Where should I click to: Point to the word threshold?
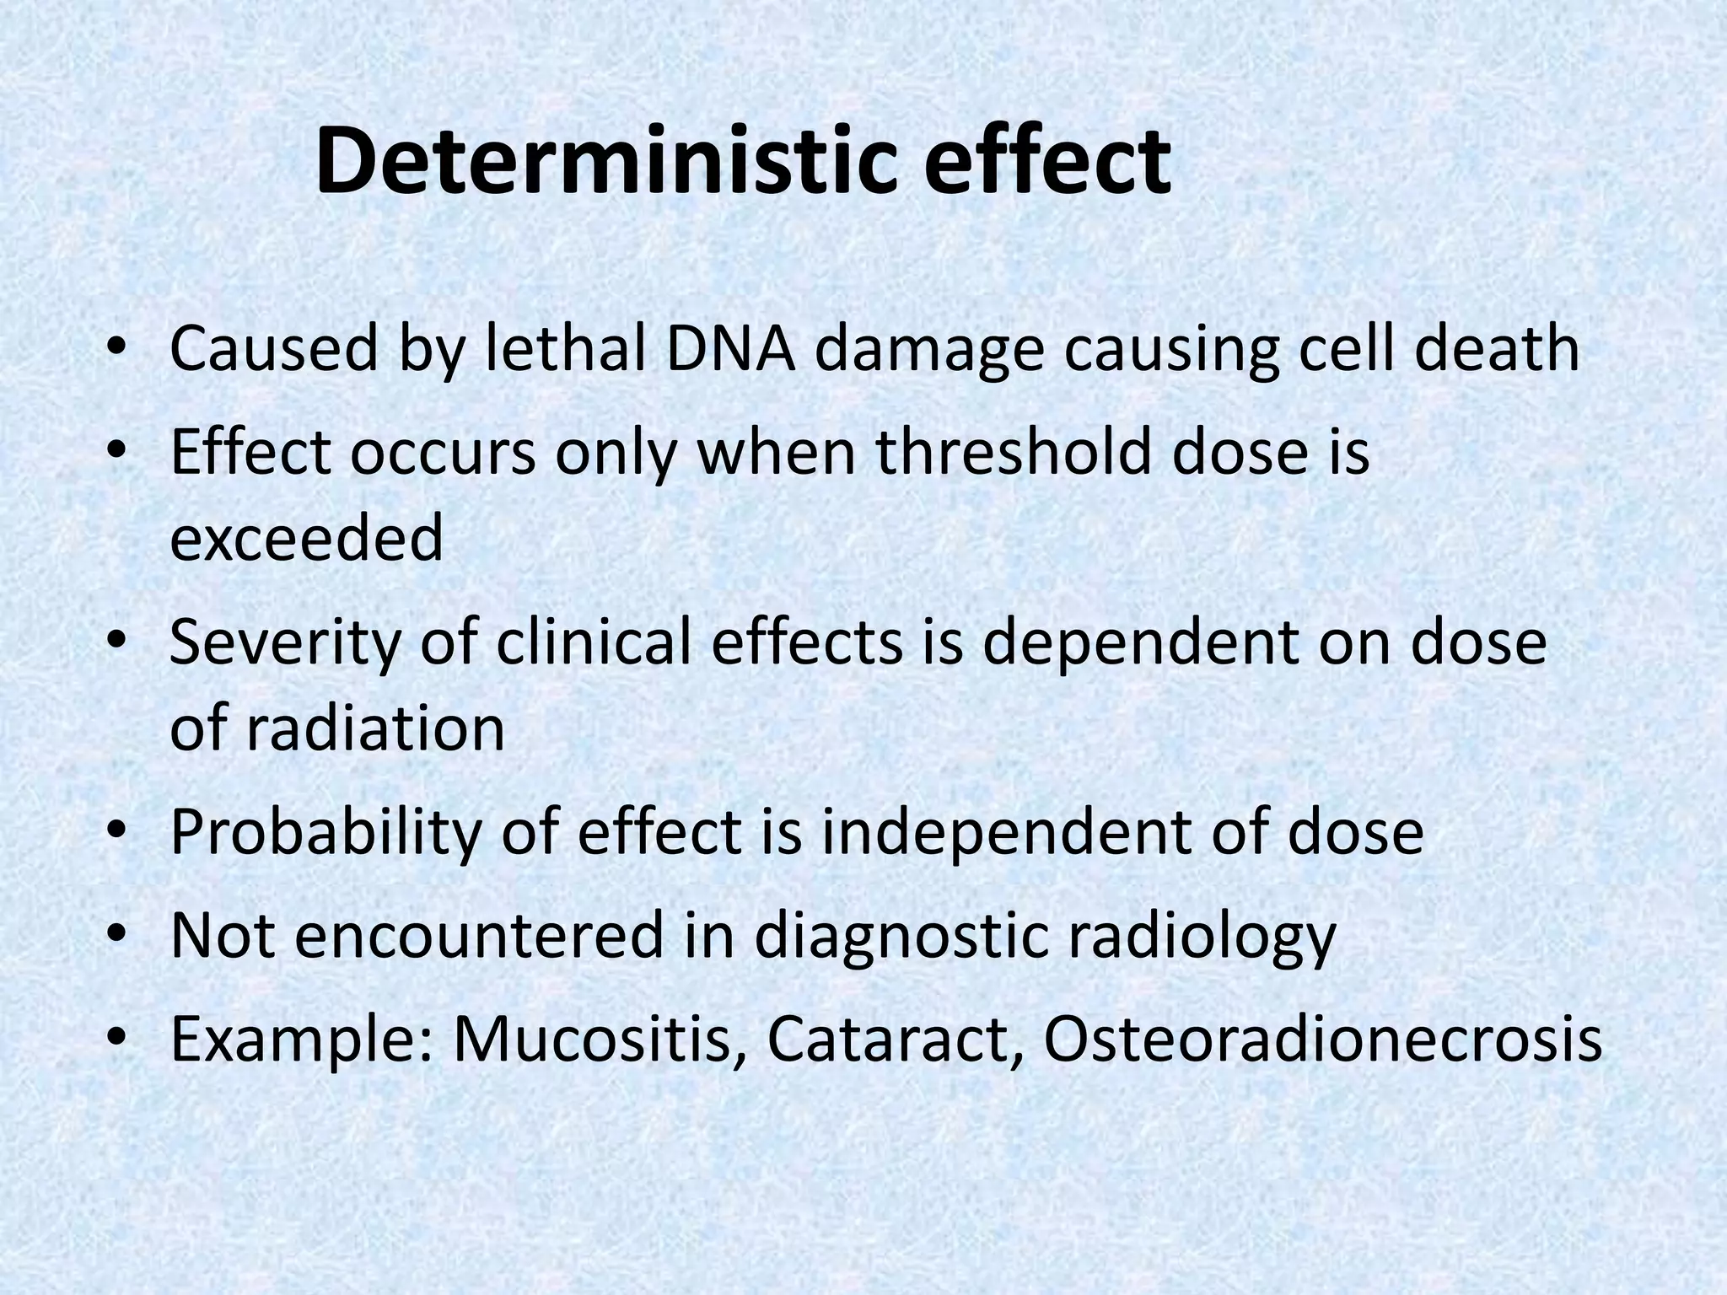click(x=1013, y=453)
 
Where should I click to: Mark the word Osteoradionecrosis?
click(x=1322, y=1040)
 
